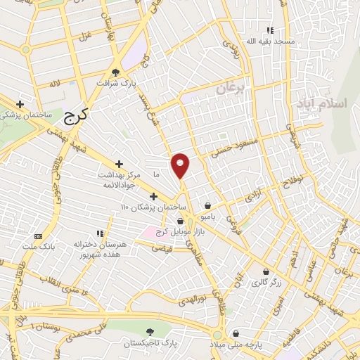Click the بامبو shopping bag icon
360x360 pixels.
click(207, 206)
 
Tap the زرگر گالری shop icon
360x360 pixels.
click(265, 271)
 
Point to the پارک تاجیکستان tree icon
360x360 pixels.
click(148, 331)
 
